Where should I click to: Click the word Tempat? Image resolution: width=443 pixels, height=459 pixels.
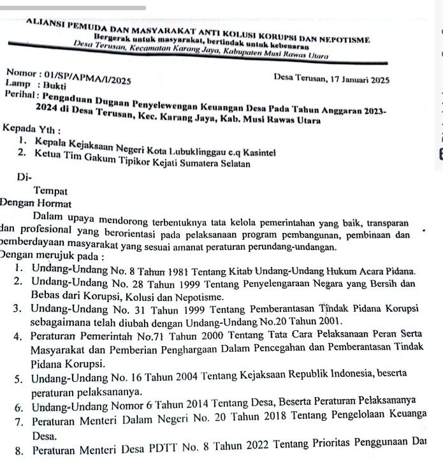[51, 190]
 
